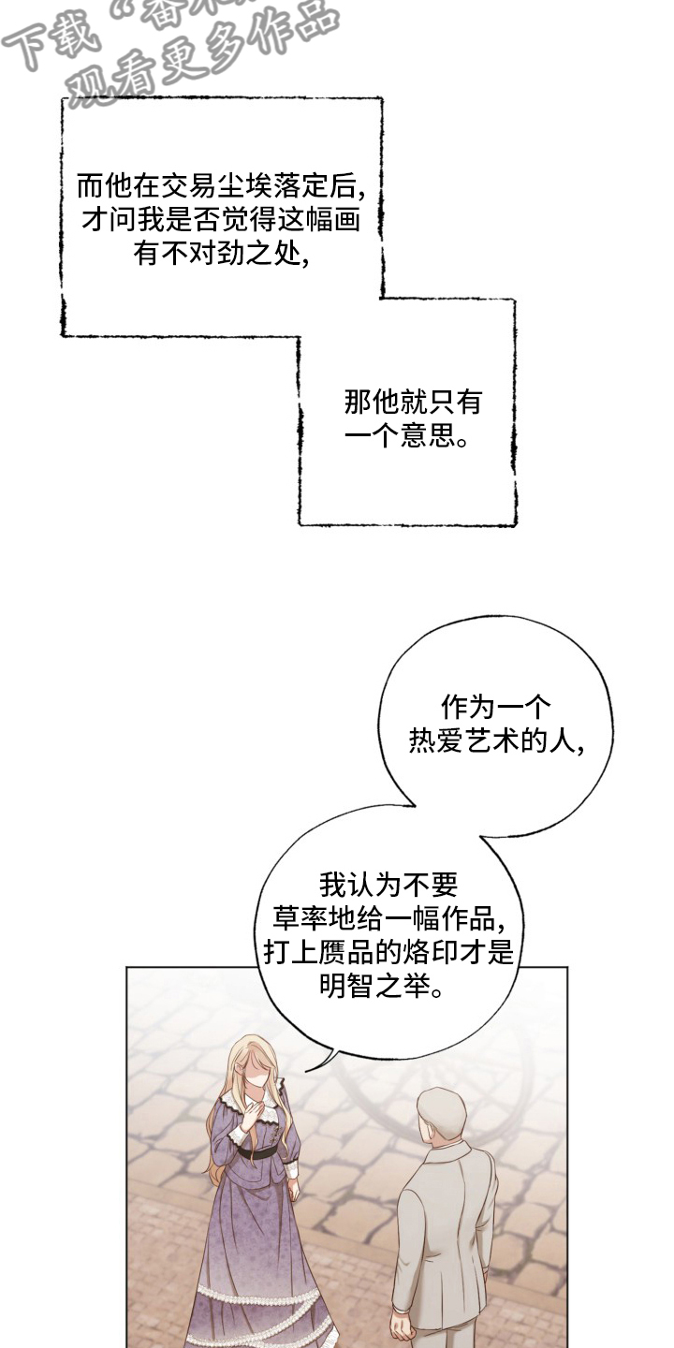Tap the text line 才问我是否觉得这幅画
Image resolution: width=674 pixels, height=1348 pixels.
coord(222,219)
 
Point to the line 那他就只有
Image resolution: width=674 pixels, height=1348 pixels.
coord(412,402)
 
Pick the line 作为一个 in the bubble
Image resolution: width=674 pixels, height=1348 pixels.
coord(496,707)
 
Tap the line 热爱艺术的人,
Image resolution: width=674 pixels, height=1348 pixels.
coord(496,741)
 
